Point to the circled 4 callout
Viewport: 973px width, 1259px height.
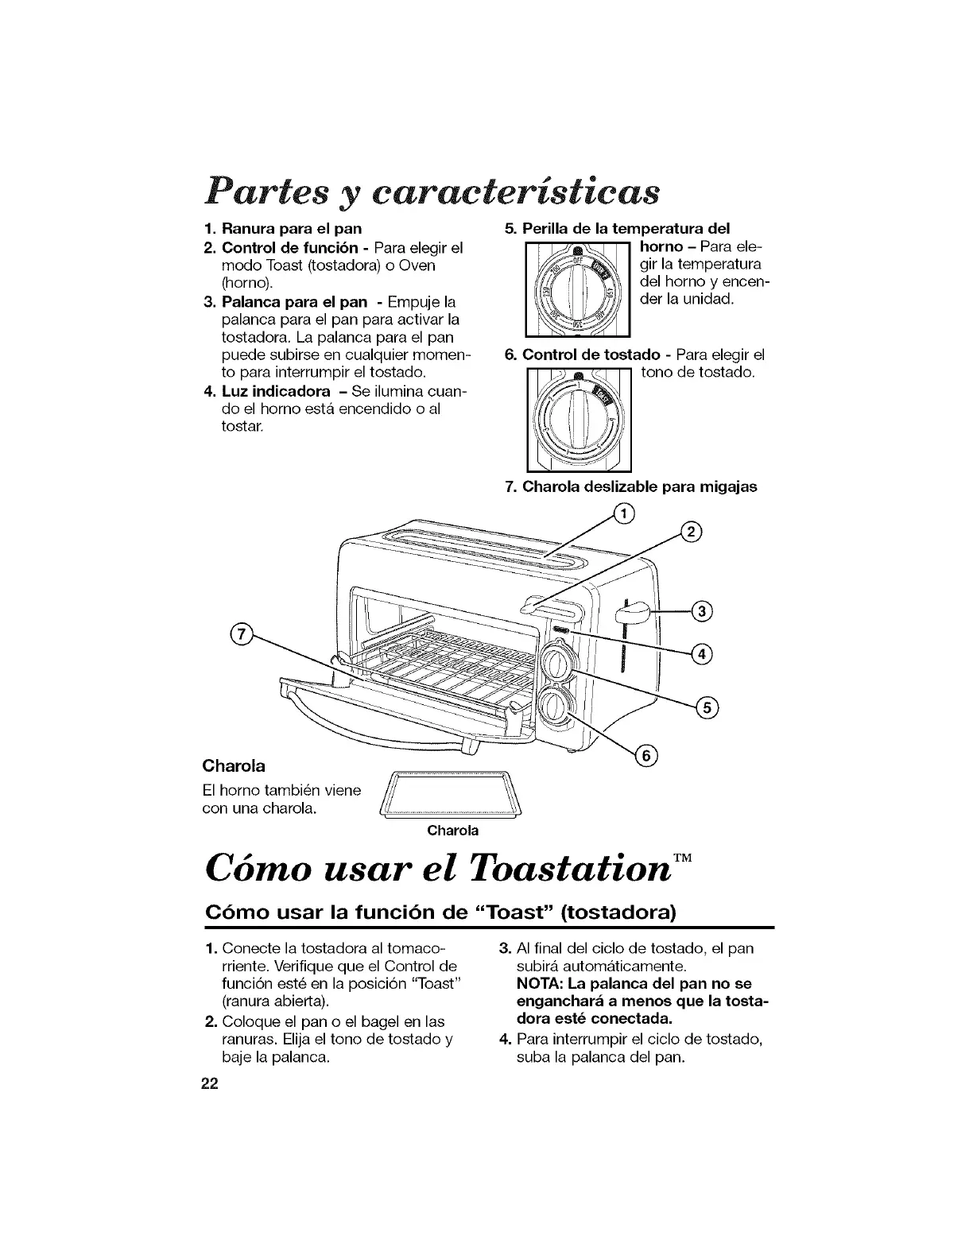[x=702, y=653]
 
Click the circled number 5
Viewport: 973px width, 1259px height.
[x=707, y=707]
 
